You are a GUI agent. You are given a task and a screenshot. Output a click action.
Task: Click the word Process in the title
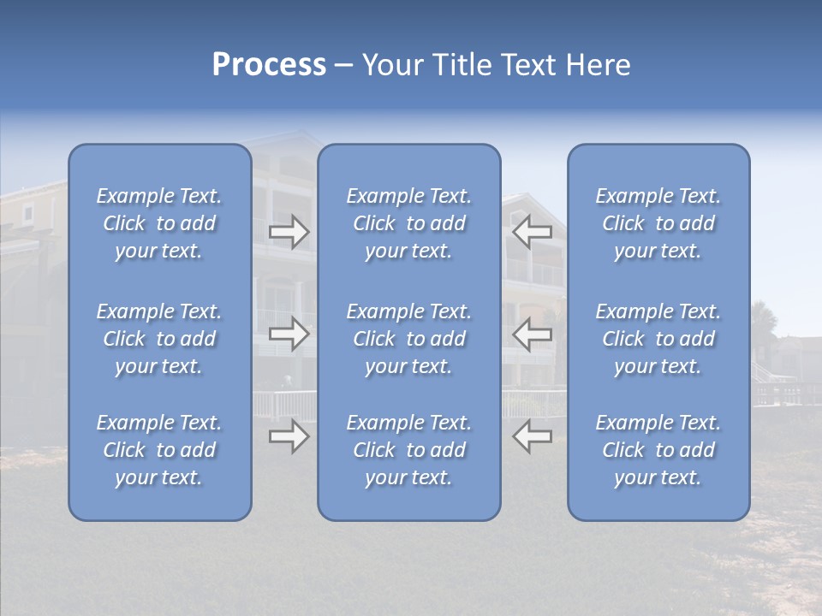point(269,65)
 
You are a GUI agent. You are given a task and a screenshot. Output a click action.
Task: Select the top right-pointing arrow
point(289,232)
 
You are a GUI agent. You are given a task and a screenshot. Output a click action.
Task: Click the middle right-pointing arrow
point(289,335)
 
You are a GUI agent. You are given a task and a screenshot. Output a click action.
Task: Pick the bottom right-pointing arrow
point(289,436)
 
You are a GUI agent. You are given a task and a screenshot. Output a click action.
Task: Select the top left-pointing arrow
point(532,232)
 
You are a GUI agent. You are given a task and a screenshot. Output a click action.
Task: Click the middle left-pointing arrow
point(532,335)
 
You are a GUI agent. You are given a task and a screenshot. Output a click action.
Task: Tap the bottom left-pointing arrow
point(532,436)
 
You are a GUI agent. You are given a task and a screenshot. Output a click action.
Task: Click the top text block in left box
point(159,223)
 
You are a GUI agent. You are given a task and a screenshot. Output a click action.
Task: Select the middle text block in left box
point(159,339)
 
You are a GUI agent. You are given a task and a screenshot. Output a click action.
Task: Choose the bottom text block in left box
point(159,450)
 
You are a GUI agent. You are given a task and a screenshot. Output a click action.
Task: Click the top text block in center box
point(408,223)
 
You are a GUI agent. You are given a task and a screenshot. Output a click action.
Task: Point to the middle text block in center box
point(408,339)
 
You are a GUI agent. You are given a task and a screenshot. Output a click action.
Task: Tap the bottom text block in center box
point(408,450)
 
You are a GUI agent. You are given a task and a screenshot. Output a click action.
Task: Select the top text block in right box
point(658,223)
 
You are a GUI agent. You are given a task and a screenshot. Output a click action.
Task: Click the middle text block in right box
point(658,339)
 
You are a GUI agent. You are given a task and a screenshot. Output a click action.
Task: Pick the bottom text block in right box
point(658,450)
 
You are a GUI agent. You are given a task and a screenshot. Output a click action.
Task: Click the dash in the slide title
point(344,66)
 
